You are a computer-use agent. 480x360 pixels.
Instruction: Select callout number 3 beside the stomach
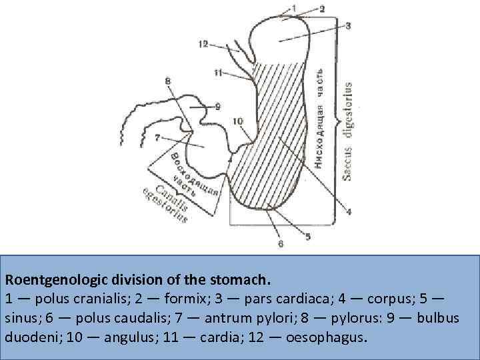[348, 25]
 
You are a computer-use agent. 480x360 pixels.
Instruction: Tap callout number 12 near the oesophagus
[203, 43]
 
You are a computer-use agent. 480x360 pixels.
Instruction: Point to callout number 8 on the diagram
[167, 81]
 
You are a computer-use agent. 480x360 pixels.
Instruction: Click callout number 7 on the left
[157, 138]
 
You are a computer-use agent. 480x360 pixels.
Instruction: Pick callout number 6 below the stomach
[281, 244]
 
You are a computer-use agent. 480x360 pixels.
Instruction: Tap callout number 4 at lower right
[347, 212]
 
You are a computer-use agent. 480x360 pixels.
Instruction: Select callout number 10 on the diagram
[239, 121]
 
